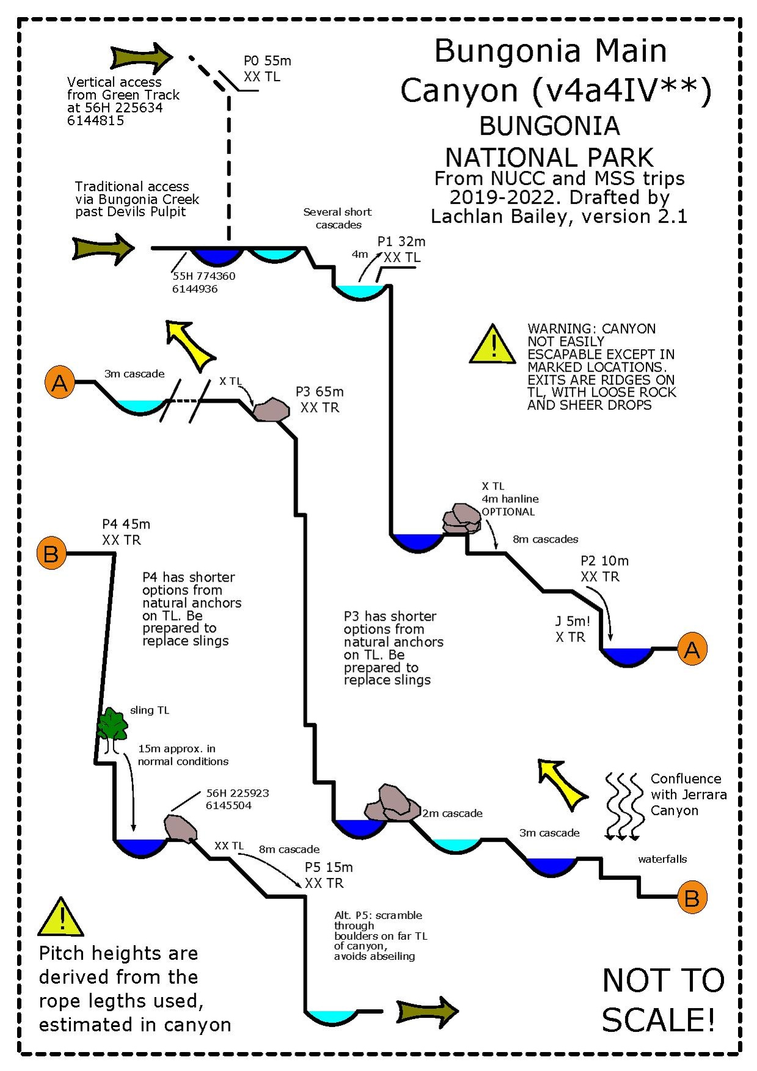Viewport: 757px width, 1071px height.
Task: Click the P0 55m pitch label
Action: coord(267,61)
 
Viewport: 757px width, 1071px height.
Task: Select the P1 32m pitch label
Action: coord(401,242)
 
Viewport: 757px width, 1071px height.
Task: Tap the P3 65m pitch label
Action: coord(319,392)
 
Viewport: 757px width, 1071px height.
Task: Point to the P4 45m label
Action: coord(126,524)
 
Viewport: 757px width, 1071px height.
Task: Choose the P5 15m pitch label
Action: coord(329,868)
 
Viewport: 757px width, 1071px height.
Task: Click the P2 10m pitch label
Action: coord(604,561)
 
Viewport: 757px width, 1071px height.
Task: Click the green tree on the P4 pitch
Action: coord(112,725)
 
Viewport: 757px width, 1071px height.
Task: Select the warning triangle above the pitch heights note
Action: coord(61,918)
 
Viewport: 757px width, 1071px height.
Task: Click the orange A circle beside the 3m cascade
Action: coord(60,382)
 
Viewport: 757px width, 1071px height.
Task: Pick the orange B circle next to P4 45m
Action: coord(51,554)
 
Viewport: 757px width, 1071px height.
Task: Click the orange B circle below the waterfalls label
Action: coord(692,897)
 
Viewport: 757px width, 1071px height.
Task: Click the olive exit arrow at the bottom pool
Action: coord(426,1012)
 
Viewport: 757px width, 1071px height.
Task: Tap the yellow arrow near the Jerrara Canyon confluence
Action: coord(561,783)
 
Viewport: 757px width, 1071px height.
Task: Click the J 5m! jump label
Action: coord(572,622)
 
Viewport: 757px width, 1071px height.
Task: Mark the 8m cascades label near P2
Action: coord(545,539)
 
